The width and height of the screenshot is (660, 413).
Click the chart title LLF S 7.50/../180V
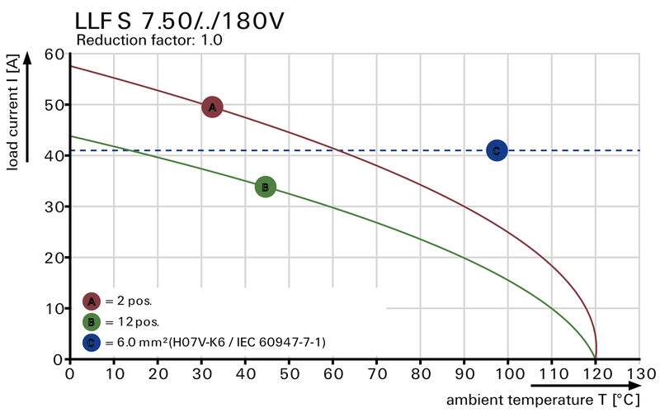coord(180,21)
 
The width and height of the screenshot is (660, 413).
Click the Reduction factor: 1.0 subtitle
coord(149,40)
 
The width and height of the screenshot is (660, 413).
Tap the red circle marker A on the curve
coord(212,107)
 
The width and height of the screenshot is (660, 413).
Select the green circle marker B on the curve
coord(265,188)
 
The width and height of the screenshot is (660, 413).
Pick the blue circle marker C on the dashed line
coord(496,150)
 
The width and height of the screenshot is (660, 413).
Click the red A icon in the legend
coord(92,301)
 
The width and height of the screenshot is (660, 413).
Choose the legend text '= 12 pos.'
coord(132,321)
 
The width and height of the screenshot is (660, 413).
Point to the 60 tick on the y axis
coord(54,55)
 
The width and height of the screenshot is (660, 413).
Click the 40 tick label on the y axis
coord(54,156)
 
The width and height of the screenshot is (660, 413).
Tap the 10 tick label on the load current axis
coord(54,308)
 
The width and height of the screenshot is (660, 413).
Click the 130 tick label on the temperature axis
coord(639,373)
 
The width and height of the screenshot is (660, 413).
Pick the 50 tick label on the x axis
coord(289,373)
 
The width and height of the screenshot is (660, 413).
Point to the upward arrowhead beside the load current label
coord(27,57)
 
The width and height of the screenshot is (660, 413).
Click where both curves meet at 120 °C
coord(596,355)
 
